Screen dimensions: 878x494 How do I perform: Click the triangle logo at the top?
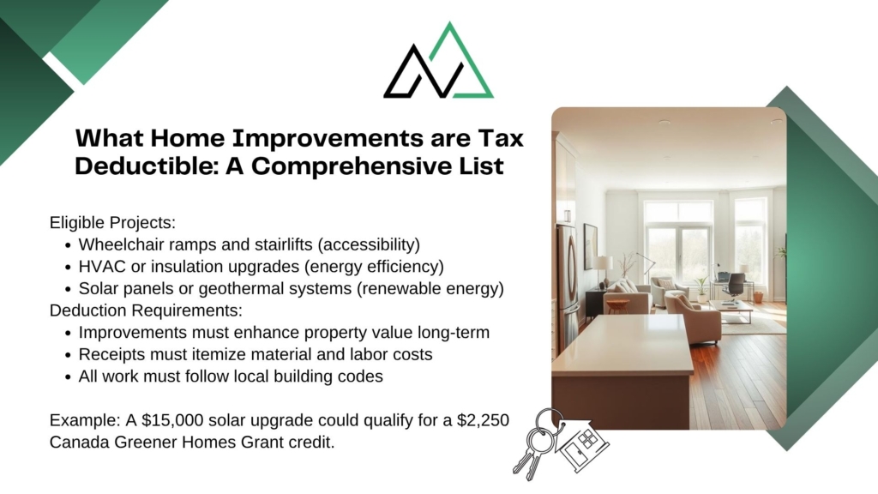point(438,61)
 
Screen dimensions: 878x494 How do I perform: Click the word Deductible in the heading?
point(144,166)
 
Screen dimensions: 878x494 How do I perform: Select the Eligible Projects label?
point(112,222)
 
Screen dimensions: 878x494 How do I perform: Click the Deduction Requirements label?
point(146,310)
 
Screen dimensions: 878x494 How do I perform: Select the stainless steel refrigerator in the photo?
point(568,286)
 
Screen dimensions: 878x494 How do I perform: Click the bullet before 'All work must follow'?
point(68,377)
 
